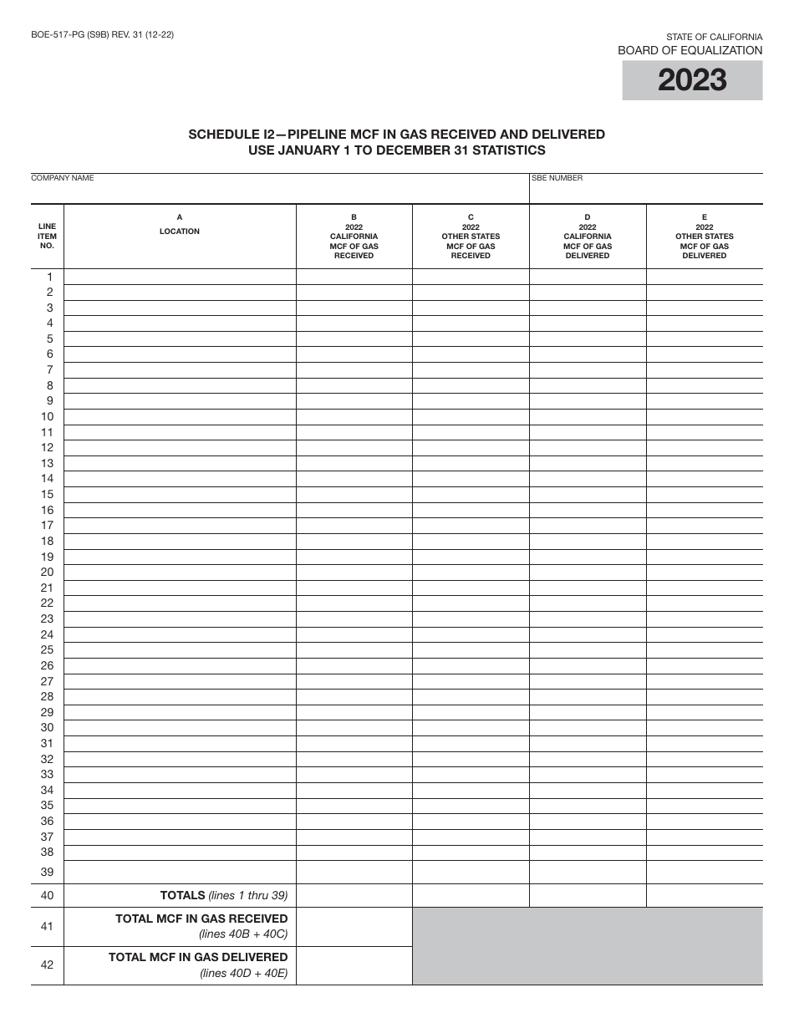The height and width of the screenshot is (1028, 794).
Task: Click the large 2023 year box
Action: [692, 81]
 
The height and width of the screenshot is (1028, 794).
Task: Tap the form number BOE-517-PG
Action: [59, 35]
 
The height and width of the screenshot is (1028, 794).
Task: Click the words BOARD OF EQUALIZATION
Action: [690, 50]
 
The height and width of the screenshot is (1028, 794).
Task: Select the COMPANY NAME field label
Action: [63, 178]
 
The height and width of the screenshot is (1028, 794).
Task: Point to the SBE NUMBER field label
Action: [557, 178]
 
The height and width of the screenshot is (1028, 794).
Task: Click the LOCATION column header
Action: [180, 231]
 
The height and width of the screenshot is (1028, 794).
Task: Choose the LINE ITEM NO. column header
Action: [48, 236]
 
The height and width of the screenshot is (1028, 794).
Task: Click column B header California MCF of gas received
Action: [354, 237]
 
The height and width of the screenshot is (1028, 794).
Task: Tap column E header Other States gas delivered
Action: [704, 237]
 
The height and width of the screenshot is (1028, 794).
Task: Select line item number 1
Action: [49, 277]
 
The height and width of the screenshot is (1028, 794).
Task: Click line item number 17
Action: [48, 525]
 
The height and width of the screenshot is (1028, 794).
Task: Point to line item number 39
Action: [48, 872]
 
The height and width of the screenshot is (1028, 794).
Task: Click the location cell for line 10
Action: [180, 416]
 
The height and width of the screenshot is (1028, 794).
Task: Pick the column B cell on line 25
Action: [354, 649]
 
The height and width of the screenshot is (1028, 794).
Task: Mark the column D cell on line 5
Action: [588, 338]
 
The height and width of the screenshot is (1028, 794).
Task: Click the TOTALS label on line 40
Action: [182, 895]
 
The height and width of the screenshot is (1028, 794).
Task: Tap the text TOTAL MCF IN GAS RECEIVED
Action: [201, 919]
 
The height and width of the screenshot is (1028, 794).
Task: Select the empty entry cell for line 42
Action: [354, 965]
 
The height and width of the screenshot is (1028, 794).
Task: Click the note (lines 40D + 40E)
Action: [243, 973]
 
